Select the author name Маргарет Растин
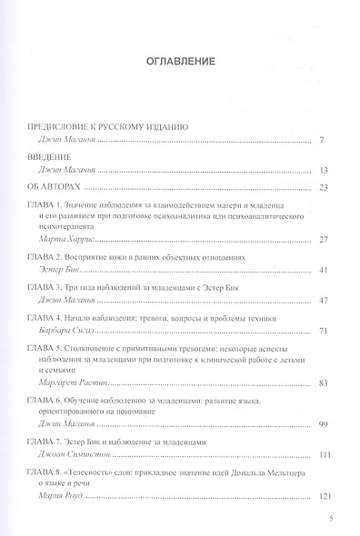pyautogui.click(x=76, y=383)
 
